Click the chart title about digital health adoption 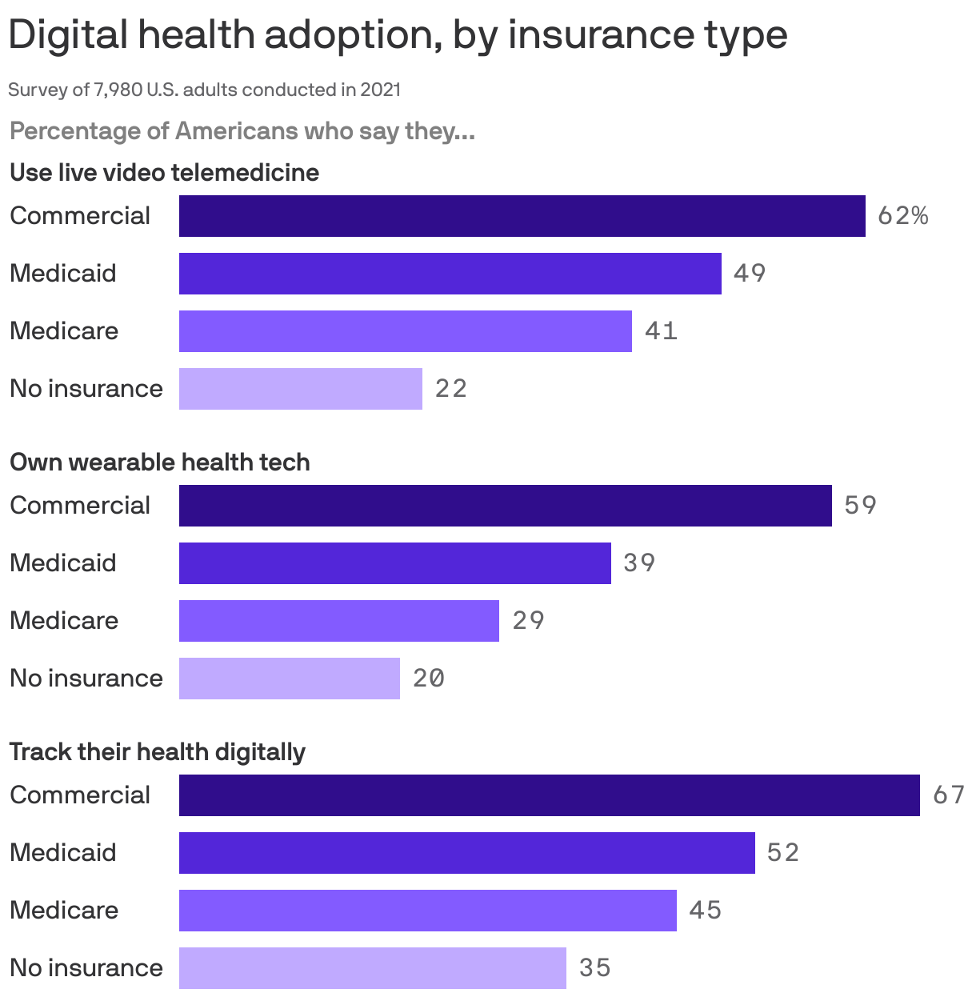click(x=398, y=35)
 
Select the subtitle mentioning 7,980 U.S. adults click(x=204, y=90)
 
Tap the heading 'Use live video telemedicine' click(x=164, y=173)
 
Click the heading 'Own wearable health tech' click(x=159, y=462)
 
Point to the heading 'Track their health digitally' click(x=158, y=752)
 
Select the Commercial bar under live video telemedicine click(x=522, y=216)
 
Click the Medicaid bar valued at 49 click(x=450, y=274)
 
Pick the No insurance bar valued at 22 click(x=300, y=389)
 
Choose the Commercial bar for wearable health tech click(x=505, y=506)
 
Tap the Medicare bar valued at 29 click(x=338, y=621)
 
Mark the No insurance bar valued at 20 click(x=289, y=679)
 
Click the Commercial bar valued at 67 click(x=549, y=795)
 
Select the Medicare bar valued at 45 click(x=427, y=911)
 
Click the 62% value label click(x=902, y=216)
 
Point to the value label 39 click(x=639, y=563)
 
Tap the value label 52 click(x=782, y=853)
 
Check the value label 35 click(x=594, y=968)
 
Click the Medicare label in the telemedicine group click(x=64, y=331)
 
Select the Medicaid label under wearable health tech click(x=63, y=563)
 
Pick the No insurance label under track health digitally click(x=86, y=968)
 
